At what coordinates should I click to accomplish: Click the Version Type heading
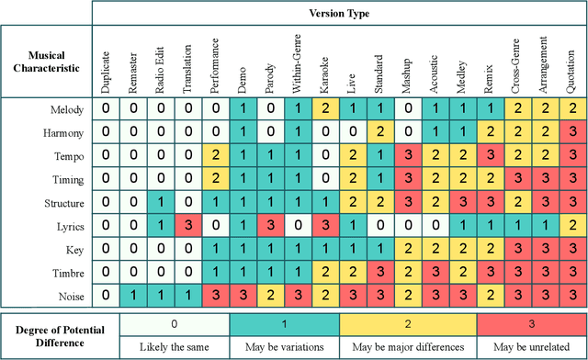(x=338, y=14)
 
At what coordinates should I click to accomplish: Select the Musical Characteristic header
(x=46, y=61)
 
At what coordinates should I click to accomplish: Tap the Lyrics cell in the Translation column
(x=187, y=225)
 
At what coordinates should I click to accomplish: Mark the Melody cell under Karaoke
(x=324, y=109)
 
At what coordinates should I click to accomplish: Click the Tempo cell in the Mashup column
(x=406, y=155)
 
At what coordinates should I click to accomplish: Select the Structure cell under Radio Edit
(x=160, y=202)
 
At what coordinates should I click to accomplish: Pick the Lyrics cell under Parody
(x=269, y=225)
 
